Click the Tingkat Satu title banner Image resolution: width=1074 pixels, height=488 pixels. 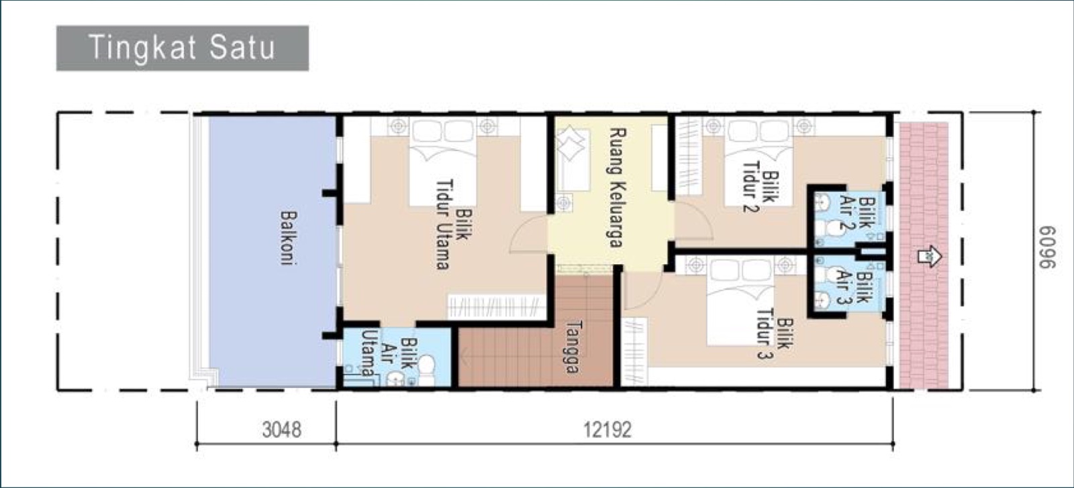point(182,48)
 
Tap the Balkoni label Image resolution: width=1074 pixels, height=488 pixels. point(288,238)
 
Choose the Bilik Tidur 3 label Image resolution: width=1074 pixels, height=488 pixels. point(775,338)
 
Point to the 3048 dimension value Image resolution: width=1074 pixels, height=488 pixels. point(282,430)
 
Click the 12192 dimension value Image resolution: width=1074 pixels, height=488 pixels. point(607,430)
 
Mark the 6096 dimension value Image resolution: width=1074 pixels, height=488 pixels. point(1048,247)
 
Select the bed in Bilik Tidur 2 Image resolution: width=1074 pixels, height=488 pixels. point(758,162)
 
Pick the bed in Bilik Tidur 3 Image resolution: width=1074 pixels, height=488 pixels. point(741,302)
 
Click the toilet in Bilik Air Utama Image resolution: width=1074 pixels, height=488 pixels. point(426,370)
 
